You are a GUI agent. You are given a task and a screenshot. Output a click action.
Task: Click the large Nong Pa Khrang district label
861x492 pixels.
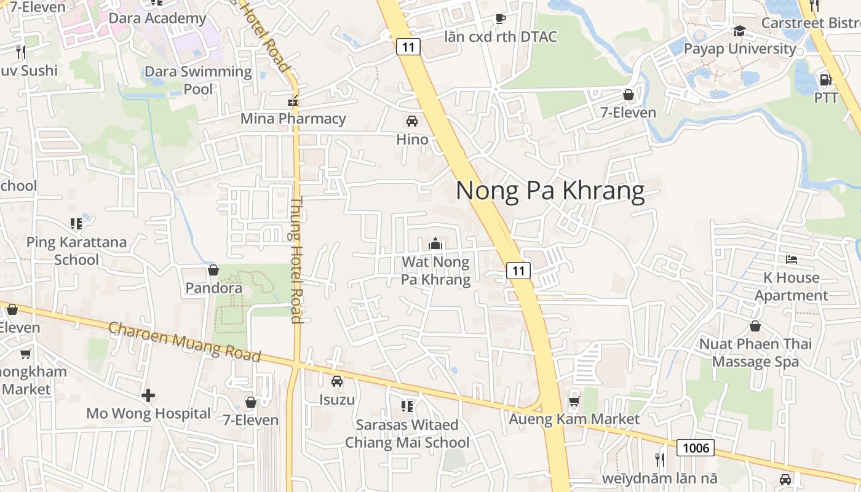550,191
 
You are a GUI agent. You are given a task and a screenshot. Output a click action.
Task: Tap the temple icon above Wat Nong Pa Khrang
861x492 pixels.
435,244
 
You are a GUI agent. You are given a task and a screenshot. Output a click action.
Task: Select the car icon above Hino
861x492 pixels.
412,121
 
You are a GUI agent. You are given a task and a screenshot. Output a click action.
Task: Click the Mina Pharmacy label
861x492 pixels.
293,119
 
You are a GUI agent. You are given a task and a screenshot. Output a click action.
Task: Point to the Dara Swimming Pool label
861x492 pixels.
198,81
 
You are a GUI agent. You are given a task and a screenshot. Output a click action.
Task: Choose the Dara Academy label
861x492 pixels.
157,18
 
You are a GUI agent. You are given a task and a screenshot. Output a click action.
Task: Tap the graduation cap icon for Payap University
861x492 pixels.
739,31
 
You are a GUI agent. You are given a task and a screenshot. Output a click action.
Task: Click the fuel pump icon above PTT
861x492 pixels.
825,80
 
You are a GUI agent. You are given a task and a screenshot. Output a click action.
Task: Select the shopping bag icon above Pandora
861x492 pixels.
213,270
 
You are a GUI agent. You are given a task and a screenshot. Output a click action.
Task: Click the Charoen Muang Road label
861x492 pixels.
184,342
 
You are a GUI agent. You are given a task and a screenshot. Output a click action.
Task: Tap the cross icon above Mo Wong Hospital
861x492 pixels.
148,395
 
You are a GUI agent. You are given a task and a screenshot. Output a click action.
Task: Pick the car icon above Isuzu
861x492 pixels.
337,381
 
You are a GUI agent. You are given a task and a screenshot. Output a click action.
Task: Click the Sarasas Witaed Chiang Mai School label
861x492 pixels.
407,434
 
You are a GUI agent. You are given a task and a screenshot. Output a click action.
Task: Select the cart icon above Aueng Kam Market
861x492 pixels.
574,402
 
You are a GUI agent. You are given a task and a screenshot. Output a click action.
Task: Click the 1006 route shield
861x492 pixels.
696,448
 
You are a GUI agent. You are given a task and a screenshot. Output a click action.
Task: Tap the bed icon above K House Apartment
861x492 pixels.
792,260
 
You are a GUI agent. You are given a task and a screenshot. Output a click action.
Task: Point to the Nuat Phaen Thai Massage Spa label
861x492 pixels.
755,353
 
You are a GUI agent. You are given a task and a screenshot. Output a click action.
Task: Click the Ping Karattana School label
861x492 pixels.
76,251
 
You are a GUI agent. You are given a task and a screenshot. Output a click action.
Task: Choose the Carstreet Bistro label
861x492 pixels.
811,23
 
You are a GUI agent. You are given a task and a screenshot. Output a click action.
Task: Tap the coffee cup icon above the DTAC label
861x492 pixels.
501,18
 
